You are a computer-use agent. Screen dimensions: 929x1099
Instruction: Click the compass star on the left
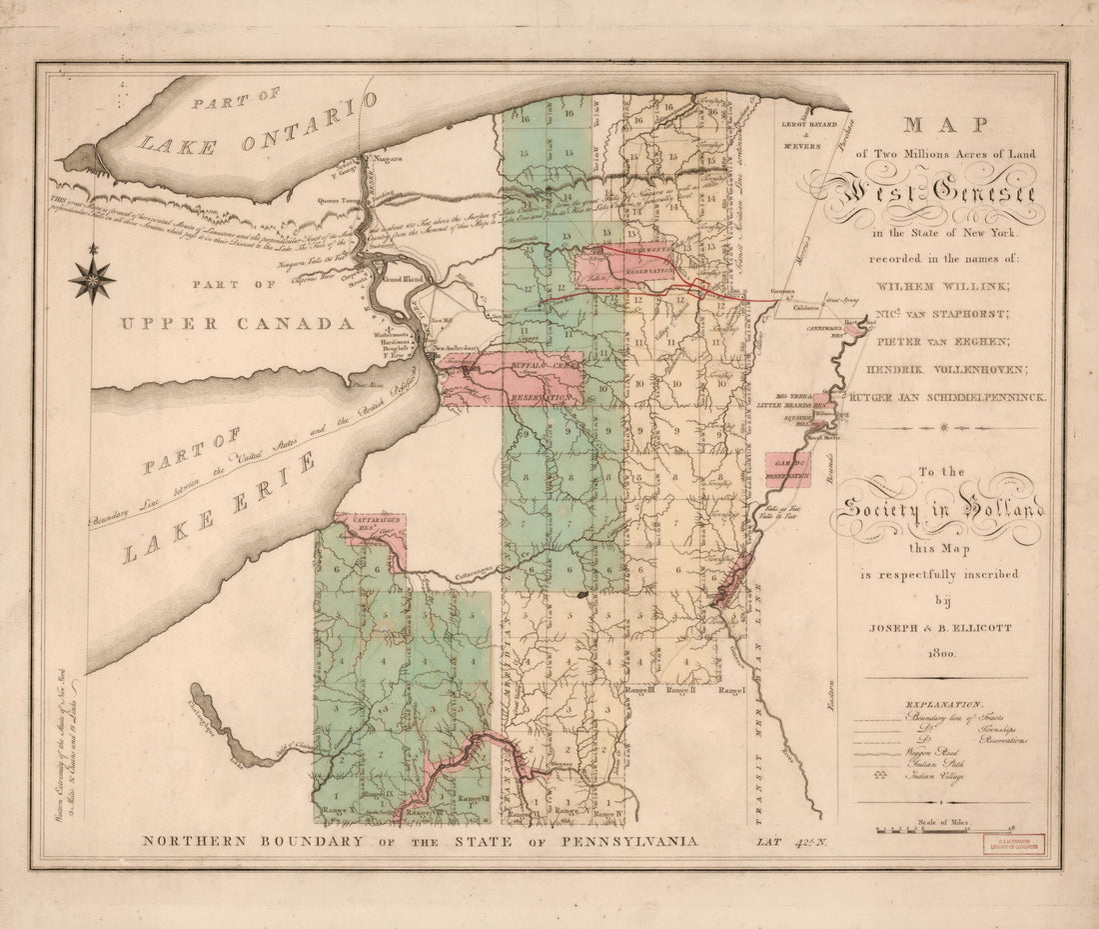pos(92,278)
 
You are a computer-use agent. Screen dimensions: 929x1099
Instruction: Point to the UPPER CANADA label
pos(237,324)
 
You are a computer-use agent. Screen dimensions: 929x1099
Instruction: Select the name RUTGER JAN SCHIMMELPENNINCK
pos(946,397)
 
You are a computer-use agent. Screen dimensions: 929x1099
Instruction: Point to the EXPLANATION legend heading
pos(942,704)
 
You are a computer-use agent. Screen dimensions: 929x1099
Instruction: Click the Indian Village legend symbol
pos(880,776)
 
